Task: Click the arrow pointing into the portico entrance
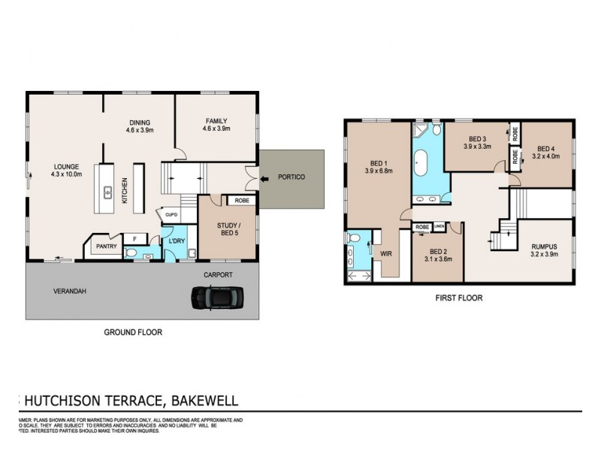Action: click(x=264, y=179)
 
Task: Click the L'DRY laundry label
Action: click(x=177, y=240)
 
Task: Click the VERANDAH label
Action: click(x=67, y=289)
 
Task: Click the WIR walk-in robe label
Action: click(x=387, y=254)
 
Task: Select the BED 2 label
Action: click(x=439, y=252)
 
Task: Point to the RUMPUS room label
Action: click(x=544, y=245)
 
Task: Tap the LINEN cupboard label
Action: click(x=439, y=226)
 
